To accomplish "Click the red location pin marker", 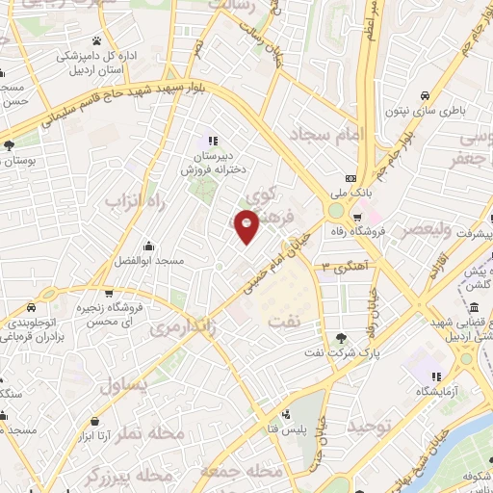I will [x=247, y=225].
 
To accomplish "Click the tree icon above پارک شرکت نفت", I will [x=344, y=337].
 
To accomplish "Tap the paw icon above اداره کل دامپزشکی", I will [x=97, y=41].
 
